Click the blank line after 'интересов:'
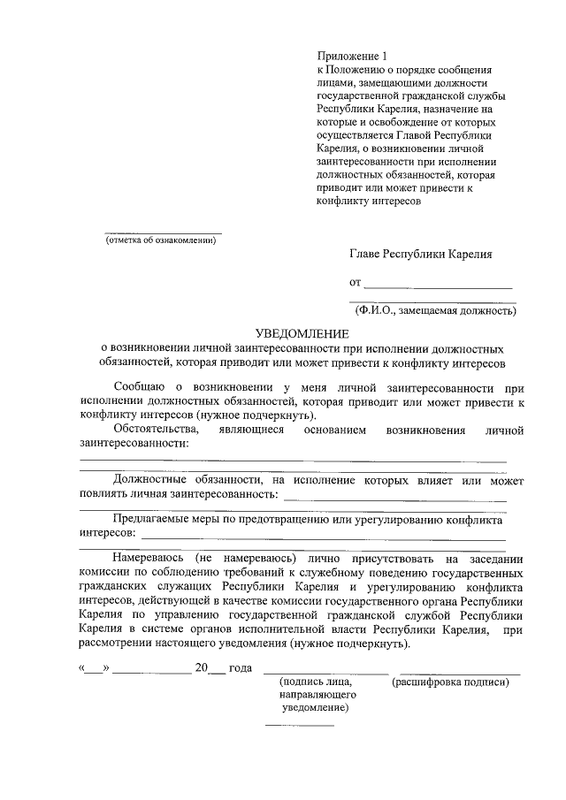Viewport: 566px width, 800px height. coord(324,537)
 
